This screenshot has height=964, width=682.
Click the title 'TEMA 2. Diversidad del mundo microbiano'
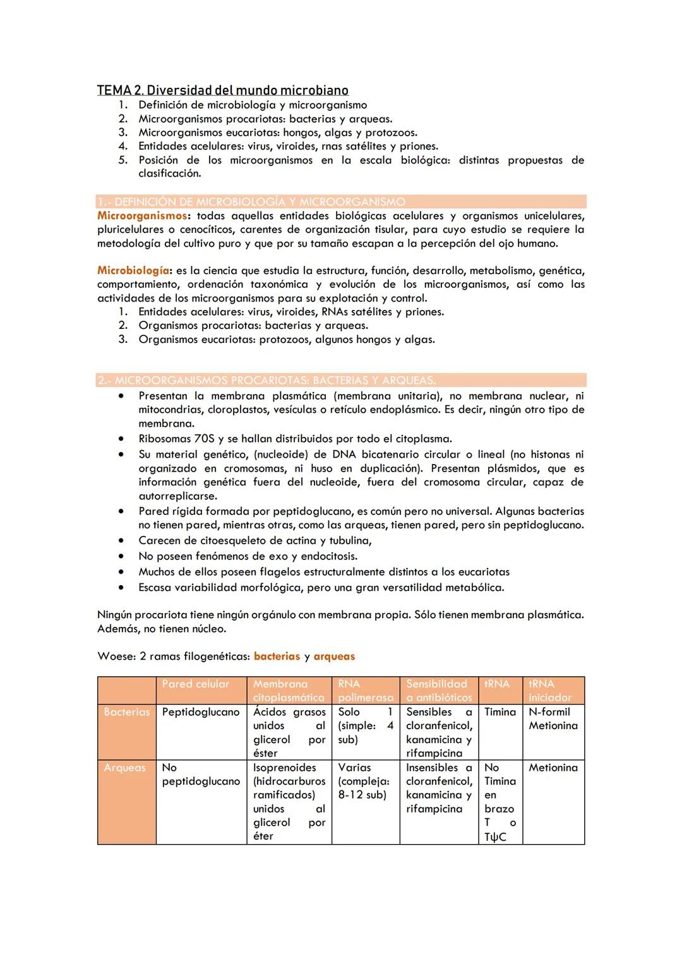click(222, 90)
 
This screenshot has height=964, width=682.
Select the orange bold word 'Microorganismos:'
click(142, 216)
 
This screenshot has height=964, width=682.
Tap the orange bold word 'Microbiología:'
click(133, 271)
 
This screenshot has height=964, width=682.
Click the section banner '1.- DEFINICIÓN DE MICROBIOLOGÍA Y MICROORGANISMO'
click(251, 202)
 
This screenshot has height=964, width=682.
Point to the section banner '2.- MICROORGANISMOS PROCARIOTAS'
click(266, 381)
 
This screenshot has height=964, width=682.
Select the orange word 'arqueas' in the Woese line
click(334, 657)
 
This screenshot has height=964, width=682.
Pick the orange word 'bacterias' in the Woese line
click(277, 657)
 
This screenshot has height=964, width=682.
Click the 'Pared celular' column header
click(196, 684)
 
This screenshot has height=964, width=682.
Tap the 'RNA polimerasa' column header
click(365, 691)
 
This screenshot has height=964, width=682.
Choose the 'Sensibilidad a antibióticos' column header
click(438, 691)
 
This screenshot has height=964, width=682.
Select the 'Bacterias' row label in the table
click(127, 712)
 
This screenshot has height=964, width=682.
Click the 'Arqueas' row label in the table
click(124, 768)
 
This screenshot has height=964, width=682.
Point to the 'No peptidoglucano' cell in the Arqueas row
click(201, 775)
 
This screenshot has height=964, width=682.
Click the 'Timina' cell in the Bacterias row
click(500, 712)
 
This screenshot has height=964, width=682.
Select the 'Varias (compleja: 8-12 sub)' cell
click(364, 782)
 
